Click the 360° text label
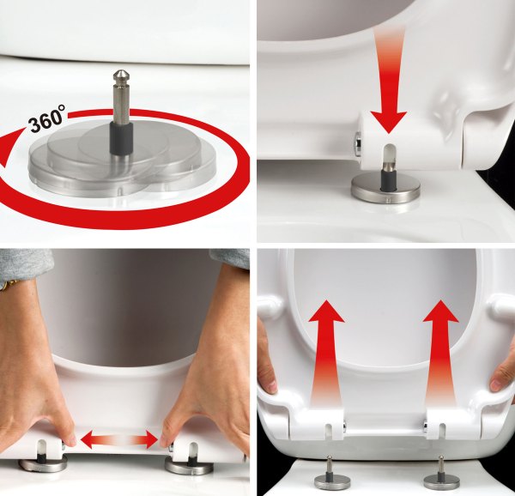coord(46,118)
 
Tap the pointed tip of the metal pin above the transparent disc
coord(121,70)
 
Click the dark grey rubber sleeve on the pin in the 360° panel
coord(121,138)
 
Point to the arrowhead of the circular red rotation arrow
coord(9,148)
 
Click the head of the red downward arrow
coord(389,121)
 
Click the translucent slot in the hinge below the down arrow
coord(389,155)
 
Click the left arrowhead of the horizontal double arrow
coord(87,439)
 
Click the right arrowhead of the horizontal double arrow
coord(151,439)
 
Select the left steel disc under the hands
coord(43,464)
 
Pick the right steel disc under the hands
coord(189,465)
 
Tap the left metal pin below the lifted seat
coord(329,465)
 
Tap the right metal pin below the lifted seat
coord(441,465)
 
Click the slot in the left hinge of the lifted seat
coord(329,431)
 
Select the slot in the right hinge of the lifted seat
coord(442,431)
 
